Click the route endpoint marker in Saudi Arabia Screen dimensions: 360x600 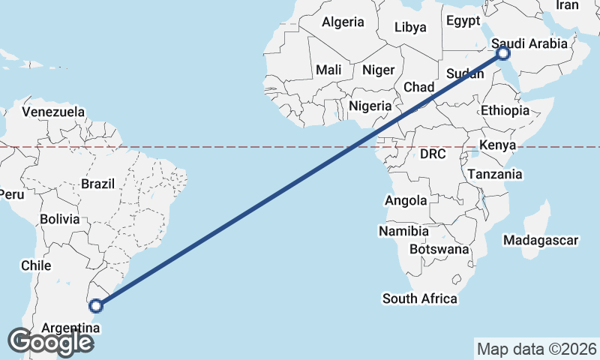coord(503,53)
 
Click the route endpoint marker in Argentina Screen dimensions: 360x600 coord(96,305)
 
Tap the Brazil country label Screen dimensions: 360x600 coord(97,184)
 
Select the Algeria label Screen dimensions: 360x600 coord(343,22)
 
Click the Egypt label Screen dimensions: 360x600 coord(463,21)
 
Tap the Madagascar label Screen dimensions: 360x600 coord(541,241)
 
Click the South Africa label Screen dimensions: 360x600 coord(419,298)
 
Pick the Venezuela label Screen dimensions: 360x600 coord(53,112)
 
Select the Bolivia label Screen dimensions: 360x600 coord(60,220)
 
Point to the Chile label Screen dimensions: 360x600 coord(36,265)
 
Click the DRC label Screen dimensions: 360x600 coord(433,154)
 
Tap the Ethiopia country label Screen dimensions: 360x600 coord(505,111)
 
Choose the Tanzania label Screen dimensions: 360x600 coord(494,174)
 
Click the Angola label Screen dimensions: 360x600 coord(406,200)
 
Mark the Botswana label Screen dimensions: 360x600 coord(439,249)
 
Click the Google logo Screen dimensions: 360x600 coord(49,342)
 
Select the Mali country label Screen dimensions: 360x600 coord(328,70)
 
